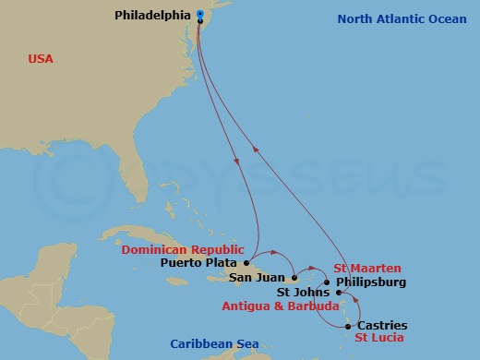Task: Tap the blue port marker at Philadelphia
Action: pos(200,15)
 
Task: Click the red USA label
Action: pos(41,59)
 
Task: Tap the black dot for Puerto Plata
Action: pos(246,262)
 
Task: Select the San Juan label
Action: pos(258,277)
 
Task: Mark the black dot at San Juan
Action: pos(294,277)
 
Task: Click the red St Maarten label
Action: pos(367,269)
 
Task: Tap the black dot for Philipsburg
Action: pos(327,282)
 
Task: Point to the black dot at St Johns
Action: pos(339,294)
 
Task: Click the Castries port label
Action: pos(381,326)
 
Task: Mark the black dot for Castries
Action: pos(347,326)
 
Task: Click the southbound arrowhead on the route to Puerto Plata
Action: pos(239,162)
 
